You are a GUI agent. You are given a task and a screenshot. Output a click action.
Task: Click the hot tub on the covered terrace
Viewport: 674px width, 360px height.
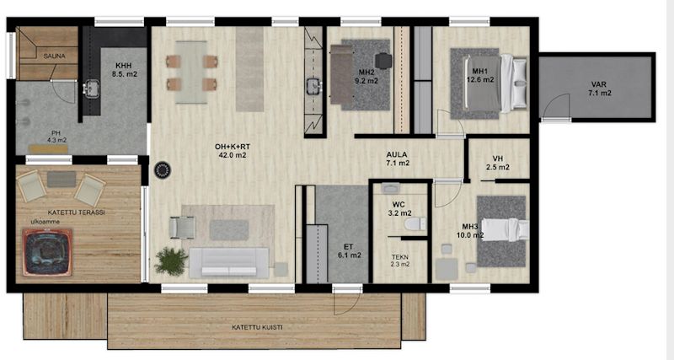click(47, 252)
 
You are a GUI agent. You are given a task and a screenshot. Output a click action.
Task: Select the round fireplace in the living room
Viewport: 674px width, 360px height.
click(163, 170)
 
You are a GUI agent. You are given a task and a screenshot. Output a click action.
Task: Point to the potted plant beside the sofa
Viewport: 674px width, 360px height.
click(171, 261)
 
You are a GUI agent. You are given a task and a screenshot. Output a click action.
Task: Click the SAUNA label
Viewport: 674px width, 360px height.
click(54, 56)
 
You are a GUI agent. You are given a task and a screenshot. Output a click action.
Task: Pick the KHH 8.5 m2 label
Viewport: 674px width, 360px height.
click(124, 70)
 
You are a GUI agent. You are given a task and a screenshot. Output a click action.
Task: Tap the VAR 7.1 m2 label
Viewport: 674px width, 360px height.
click(599, 89)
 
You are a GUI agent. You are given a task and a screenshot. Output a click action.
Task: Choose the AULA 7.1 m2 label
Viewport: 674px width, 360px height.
click(397, 159)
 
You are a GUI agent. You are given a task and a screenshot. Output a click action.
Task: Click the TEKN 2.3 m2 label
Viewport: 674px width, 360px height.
click(399, 261)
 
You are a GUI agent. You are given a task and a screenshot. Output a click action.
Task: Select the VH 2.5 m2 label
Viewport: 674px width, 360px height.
click(498, 163)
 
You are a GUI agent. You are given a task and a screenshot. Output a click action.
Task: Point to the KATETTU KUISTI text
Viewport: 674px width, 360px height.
click(257, 327)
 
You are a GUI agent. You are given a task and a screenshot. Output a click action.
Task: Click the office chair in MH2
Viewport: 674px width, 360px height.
click(383, 61)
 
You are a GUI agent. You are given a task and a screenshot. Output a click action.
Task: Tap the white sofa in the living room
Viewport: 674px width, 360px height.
click(229, 262)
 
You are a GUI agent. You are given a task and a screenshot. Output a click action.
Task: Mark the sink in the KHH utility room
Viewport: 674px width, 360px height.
click(92, 89)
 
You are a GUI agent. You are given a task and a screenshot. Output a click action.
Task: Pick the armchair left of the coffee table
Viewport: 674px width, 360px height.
click(182, 227)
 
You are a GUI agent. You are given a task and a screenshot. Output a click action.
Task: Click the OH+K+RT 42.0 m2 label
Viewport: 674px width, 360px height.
click(233, 151)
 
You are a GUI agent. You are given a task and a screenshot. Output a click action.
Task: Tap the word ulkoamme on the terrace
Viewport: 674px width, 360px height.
click(45, 222)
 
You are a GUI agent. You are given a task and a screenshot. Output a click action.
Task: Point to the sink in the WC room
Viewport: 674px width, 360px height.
click(390, 188)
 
